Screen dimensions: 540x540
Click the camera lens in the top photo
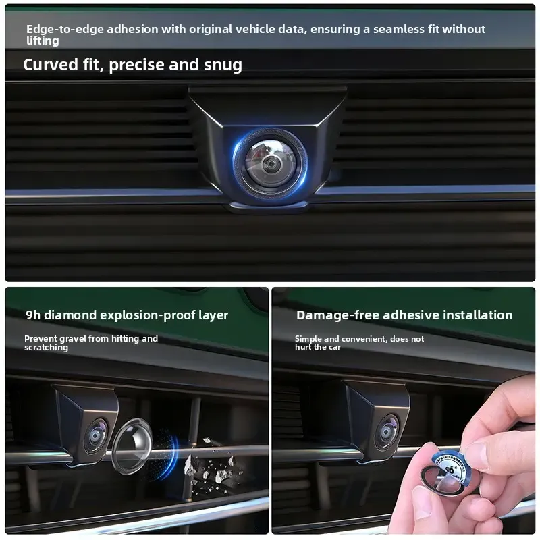point(269,163)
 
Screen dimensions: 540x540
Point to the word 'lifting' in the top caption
point(43,41)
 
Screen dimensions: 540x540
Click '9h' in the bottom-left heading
point(33,315)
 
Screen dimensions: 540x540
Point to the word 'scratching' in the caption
point(46,348)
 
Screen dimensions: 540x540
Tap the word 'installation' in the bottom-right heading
point(481,315)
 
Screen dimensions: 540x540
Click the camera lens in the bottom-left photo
point(97,435)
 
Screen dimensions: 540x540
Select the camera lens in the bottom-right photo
point(387,431)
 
